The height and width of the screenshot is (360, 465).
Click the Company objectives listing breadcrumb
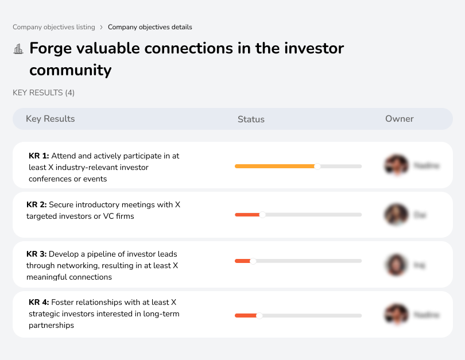(x=54, y=27)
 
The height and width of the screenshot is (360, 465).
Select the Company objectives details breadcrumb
(x=150, y=27)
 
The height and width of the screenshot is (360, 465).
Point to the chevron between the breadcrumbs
(x=102, y=27)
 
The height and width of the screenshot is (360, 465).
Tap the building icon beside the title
(x=18, y=49)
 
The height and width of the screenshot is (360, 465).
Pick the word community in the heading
(x=70, y=70)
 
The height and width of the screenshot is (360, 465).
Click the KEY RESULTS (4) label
(x=44, y=92)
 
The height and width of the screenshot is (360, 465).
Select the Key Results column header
(x=51, y=119)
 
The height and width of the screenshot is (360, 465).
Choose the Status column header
(x=251, y=119)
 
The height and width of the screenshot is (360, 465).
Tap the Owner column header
(x=400, y=119)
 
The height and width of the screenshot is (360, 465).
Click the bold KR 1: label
(x=39, y=156)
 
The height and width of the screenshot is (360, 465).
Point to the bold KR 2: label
(x=37, y=204)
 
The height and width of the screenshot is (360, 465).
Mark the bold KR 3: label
(x=37, y=254)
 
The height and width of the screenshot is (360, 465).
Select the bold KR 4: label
(x=39, y=302)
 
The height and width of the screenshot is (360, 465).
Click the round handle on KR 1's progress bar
(x=317, y=166)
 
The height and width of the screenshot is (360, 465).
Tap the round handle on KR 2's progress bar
(x=262, y=215)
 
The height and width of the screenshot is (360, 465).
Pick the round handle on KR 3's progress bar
(x=253, y=261)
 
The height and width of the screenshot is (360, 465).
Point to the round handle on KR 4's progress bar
(x=259, y=315)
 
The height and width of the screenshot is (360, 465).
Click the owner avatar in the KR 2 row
(x=396, y=215)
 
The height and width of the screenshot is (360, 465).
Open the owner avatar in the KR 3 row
(x=396, y=265)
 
